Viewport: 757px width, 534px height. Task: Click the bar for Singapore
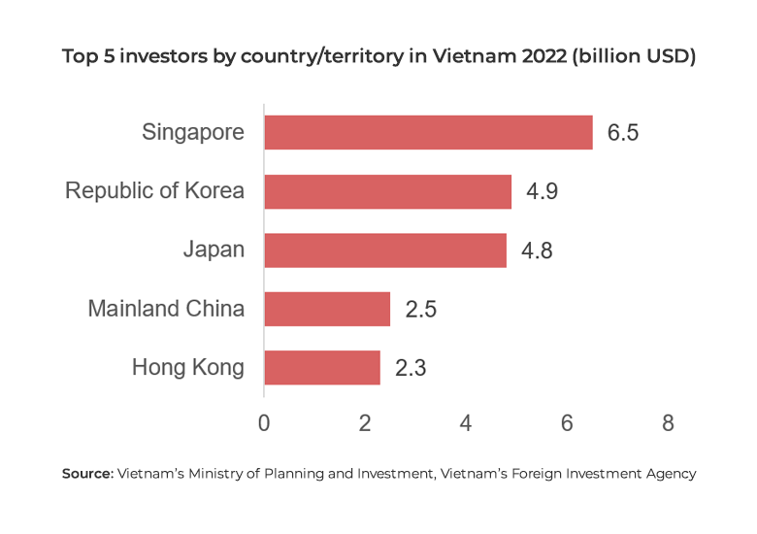[x=428, y=132]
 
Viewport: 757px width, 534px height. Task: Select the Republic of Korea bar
[x=387, y=191]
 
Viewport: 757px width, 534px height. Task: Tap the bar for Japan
[x=384, y=250]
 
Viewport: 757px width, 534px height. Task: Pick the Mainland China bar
[x=326, y=310]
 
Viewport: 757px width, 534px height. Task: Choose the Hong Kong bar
[x=321, y=368]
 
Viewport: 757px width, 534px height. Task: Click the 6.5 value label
[x=623, y=133]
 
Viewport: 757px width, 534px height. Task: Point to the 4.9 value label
[x=542, y=192]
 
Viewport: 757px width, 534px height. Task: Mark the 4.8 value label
[x=537, y=251]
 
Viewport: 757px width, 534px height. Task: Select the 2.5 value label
[x=420, y=311]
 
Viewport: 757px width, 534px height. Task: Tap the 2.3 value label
[x=411, y=369]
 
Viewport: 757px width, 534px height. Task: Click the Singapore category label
[x=193, y=132]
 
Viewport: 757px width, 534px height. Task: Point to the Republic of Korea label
[x=154, y=191]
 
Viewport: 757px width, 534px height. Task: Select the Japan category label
[x=214, y=250]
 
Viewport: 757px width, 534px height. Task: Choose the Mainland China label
[x=166, y=310]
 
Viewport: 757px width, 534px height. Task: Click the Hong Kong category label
[x=187, y=368]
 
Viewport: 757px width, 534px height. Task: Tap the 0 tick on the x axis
[x=264, y=423]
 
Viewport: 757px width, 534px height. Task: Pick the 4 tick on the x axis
[x=466, y=423]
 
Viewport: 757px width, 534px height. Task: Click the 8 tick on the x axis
[x=668, y=423]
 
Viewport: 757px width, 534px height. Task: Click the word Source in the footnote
[x=86, y=474]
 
